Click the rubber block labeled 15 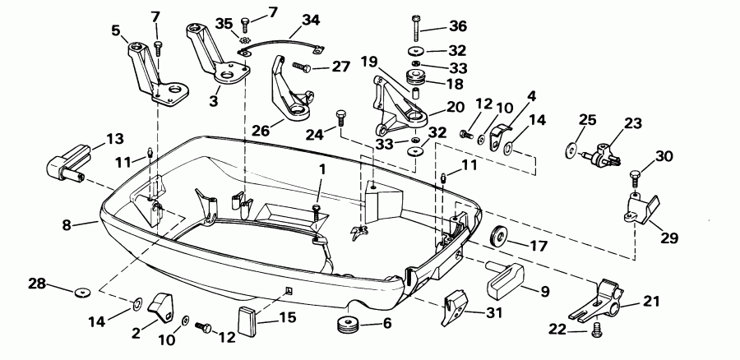(x=247, y=318)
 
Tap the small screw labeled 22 (x=596, y=332)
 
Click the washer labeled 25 (x=570, y=150)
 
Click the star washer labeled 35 (x=244, y=39)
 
